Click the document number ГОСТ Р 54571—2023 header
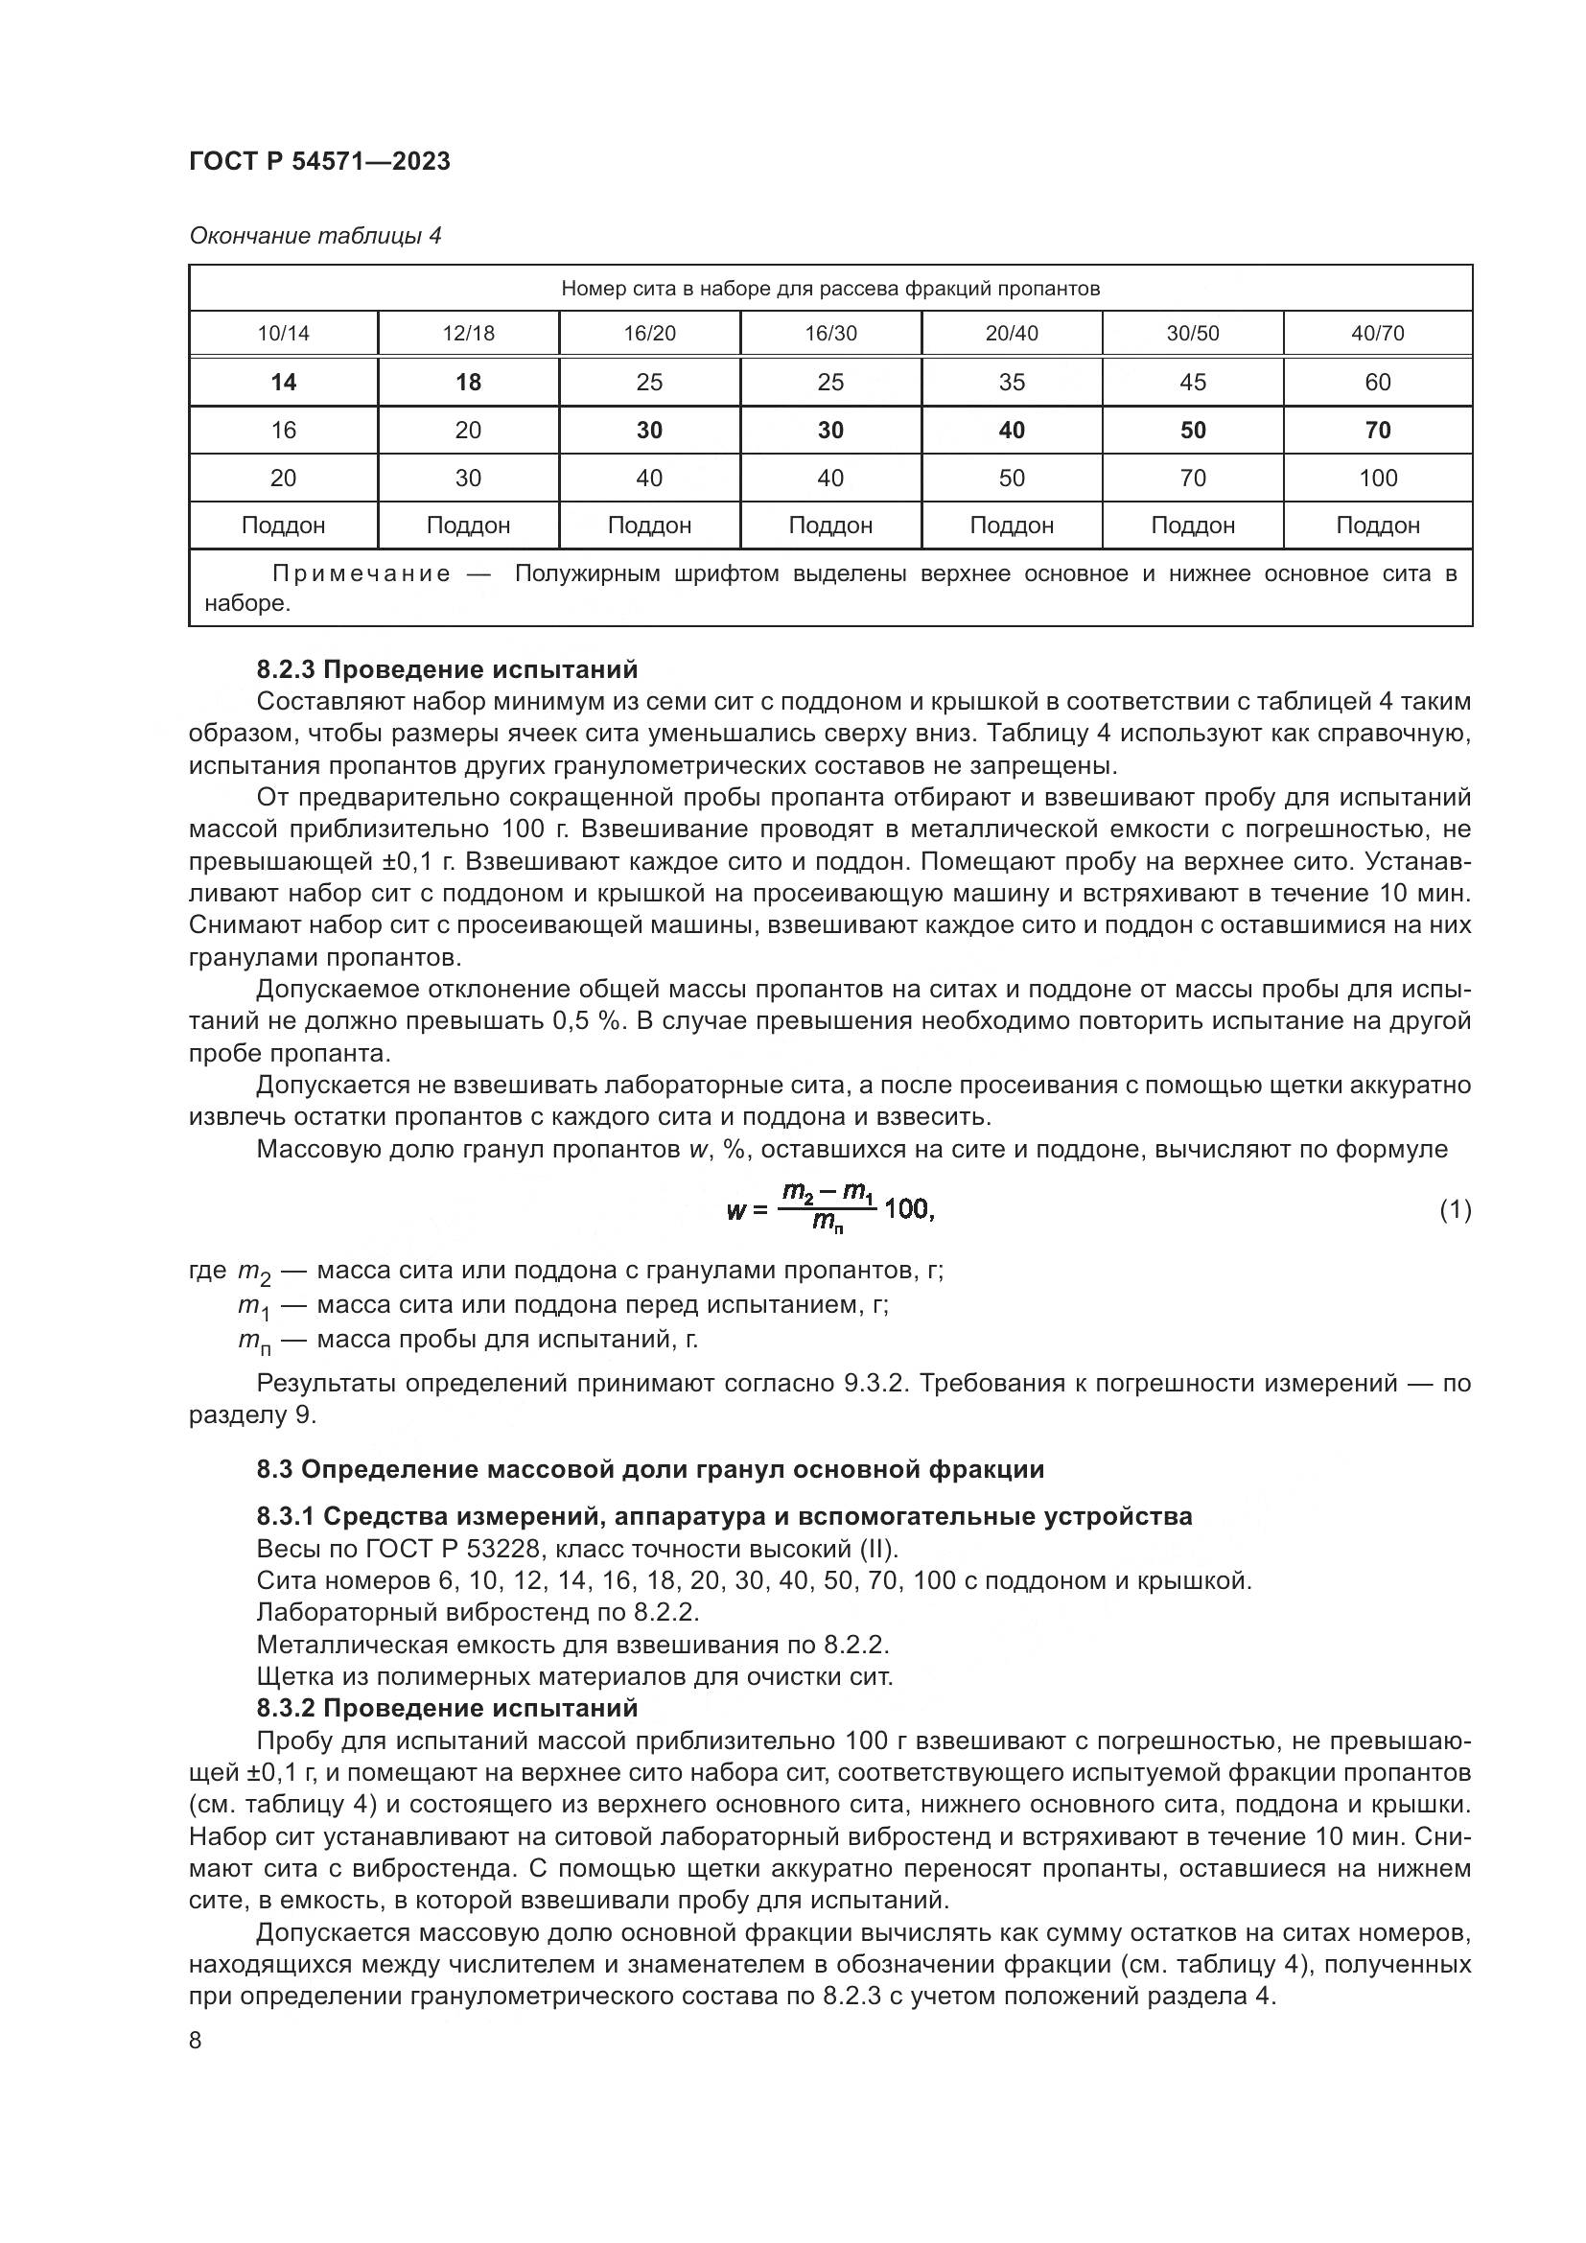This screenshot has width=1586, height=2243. click(x=319, y=161)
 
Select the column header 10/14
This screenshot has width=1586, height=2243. click(x=283, y=333)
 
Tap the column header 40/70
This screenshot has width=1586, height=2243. click(x=1377, y=333)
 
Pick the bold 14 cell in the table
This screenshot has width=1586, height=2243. click(x=283, y=382)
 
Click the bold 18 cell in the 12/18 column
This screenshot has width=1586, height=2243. click(x=468, y=382)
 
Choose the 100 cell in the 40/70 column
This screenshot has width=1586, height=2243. click(x=1377, y=478)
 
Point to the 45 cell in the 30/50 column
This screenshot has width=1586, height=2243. click(x=1193, y=382)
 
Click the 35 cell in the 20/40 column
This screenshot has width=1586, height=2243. click(x=1012, y=382)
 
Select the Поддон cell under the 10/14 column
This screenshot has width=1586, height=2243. click(x=283, y=526)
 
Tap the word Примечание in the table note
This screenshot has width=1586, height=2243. click(x=362, y=573)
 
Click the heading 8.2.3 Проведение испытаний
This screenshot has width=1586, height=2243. click(x=446, y=669)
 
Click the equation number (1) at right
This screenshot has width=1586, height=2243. click(x=1455, y=1210)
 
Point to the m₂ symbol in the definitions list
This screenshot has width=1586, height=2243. click(x=253, y=1273)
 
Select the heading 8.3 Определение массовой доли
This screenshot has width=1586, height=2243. click(x=649, y=1469)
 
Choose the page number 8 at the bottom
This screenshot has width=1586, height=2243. click(x=196, y=2041)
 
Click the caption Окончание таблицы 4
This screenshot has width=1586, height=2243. click(x=315, y=236)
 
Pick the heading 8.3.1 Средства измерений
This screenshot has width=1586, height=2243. click(x=724, y=1516)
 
